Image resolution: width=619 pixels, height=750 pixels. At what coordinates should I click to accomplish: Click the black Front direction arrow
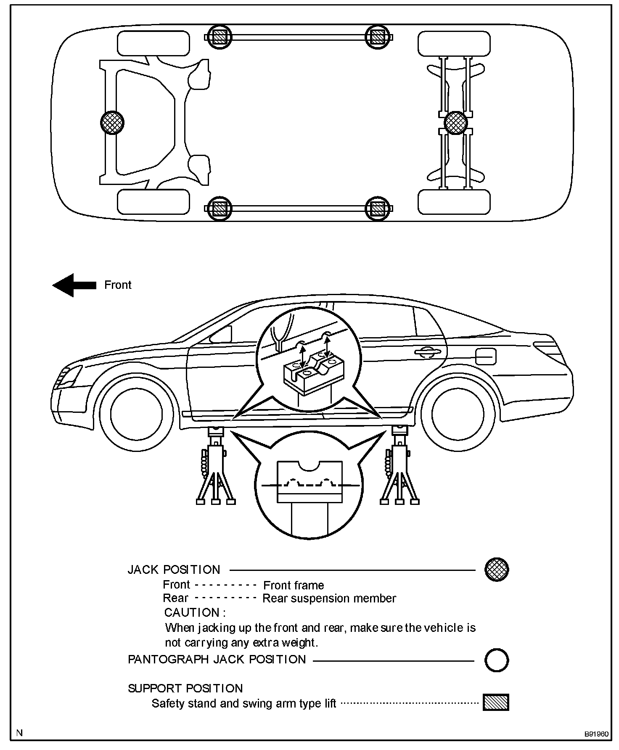pyautogui.click(x=74, y=285)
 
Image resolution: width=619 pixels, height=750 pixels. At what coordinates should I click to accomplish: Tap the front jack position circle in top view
pyautogui.click(x=112, y=123)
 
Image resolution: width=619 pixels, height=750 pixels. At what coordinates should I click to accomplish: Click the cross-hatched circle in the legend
pyautogui.click(x=497, y=570)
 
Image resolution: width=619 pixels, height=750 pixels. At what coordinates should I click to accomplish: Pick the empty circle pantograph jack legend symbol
pyautogui.click(x=497, y=660)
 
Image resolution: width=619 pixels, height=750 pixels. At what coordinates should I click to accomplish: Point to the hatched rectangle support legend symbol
pyautogui.click(x=496, y=702)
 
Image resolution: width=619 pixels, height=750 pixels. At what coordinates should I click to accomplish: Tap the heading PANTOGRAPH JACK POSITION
pyautogui.click(x=217, y=659)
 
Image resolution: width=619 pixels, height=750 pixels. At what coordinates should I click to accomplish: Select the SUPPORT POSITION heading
pyautogui.click(x=185, y=688)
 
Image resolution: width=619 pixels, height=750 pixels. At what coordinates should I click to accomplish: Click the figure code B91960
pyautogui.click(x=596, y=734)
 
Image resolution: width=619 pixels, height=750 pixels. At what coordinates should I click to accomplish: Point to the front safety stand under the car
pyautogui.click(x=216, y=467)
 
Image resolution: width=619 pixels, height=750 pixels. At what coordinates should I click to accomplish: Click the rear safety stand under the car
pyautogui.click(x=399, y=467)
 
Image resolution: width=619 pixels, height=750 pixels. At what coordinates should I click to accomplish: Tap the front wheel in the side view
pyautogui.click(x=136, y=414)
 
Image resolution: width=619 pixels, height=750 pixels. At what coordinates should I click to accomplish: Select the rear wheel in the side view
pyautogui.click(x=458, y=414)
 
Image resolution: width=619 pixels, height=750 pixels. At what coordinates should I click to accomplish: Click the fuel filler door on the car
pyautogui.click(x=486, y=357)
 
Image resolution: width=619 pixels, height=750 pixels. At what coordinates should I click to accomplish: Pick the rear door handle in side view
pyautogui.click(x=427, y=352)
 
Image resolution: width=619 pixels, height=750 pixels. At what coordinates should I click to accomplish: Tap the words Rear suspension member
pyautogui.click(x=329, y=598)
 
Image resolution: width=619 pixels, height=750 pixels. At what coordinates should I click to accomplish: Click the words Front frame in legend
pyautogui.click(x=294, y=585)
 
